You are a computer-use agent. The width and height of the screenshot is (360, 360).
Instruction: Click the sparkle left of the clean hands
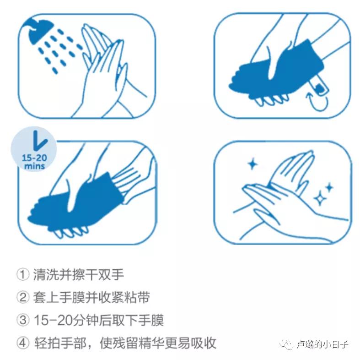click(251, 164)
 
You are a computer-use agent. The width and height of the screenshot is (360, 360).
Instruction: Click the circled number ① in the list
click(23, 275)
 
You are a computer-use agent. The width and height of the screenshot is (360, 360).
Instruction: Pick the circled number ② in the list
click(23, 297)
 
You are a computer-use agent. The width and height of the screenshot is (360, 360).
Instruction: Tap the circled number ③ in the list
click(23, 320)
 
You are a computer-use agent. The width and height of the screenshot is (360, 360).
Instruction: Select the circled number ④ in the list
click(23, 343)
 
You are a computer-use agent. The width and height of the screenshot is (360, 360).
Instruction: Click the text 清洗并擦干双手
click(78, 275)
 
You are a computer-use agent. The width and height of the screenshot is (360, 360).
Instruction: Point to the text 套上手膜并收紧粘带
click(91, 297)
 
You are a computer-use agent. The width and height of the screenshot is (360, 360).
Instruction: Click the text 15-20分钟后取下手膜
click(98, 320)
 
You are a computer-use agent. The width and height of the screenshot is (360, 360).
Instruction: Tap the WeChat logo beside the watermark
click(288, 344)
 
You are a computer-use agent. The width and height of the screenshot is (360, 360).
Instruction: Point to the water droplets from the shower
click(57, 50)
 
